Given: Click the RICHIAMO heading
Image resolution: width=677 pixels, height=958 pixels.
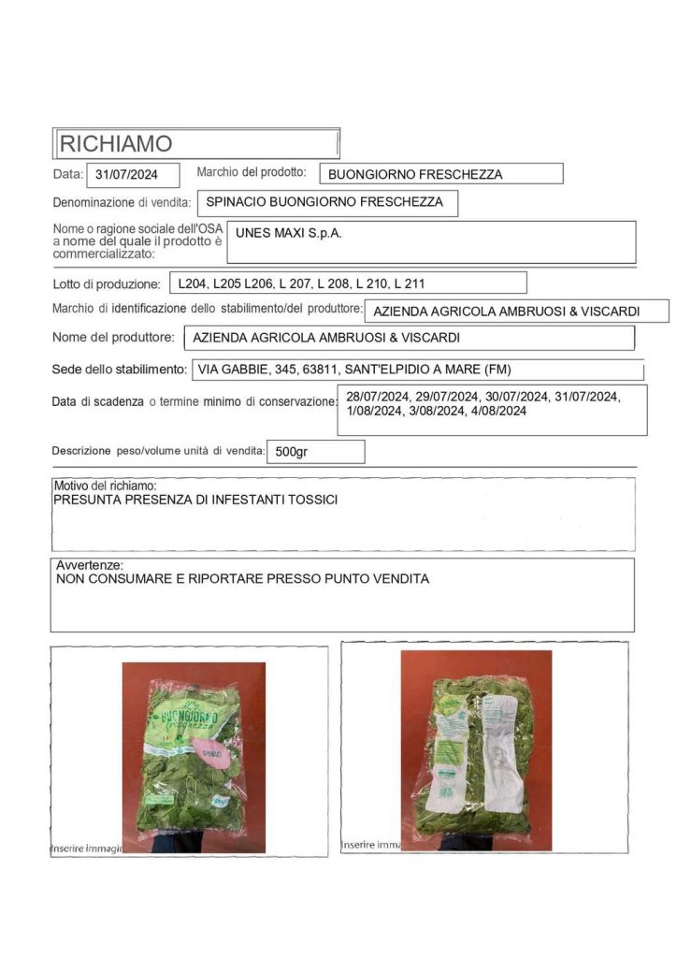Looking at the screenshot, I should pos(116,144).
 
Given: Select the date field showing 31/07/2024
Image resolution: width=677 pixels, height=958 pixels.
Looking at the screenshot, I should pos(126,174).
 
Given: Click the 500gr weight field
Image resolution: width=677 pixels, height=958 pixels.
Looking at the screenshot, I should pos(291,452).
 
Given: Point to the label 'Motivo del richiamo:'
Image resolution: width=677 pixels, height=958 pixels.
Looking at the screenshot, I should pos(105,486).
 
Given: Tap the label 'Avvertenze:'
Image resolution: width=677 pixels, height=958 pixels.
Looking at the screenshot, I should pos(89,566).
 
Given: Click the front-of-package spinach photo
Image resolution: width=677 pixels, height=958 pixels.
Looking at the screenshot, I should pos(194,756).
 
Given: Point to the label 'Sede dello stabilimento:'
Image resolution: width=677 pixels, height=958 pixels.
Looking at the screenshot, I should pos(119,370).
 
